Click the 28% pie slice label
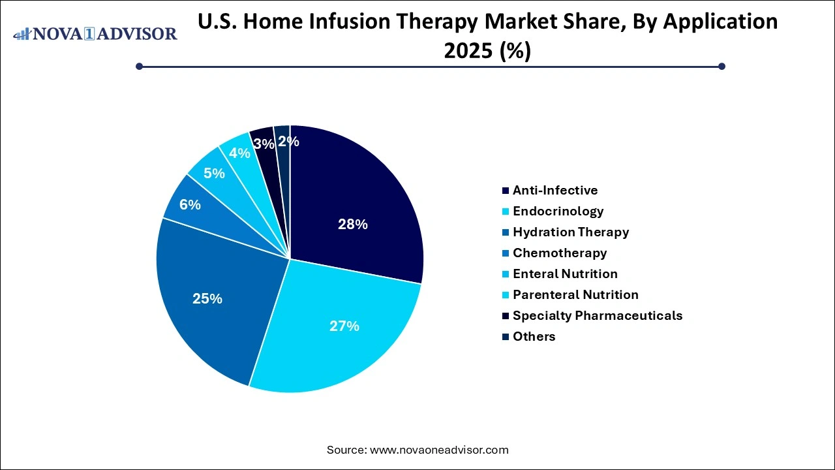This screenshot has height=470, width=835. [x=352, y=225]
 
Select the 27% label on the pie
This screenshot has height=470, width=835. [x=344, y=326]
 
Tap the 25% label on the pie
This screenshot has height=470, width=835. [x=207, y=299]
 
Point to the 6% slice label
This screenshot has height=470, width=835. [x=190, y=205]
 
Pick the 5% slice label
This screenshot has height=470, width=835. [x=214, y=174]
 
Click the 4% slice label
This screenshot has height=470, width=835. [x=239, y=153]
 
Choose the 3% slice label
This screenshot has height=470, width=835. [x=264, y=144]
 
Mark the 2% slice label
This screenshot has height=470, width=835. [x=288, y=141]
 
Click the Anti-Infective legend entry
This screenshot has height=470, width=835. [x=554, y=191]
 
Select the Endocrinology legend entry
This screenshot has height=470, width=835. [x=558, y=211]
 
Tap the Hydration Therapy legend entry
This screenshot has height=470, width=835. [x=570, y=232]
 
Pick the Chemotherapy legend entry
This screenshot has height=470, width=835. [x=559, y=253]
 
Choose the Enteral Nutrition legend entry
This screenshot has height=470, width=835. [x=565, y=274]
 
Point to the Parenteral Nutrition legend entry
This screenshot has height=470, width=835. [x=575, y=295]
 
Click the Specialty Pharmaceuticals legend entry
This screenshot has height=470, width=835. [x=597, y=316]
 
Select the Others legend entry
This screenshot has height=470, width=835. [x=534, y=337]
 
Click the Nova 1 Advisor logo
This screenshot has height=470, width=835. [x=95, y=34]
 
